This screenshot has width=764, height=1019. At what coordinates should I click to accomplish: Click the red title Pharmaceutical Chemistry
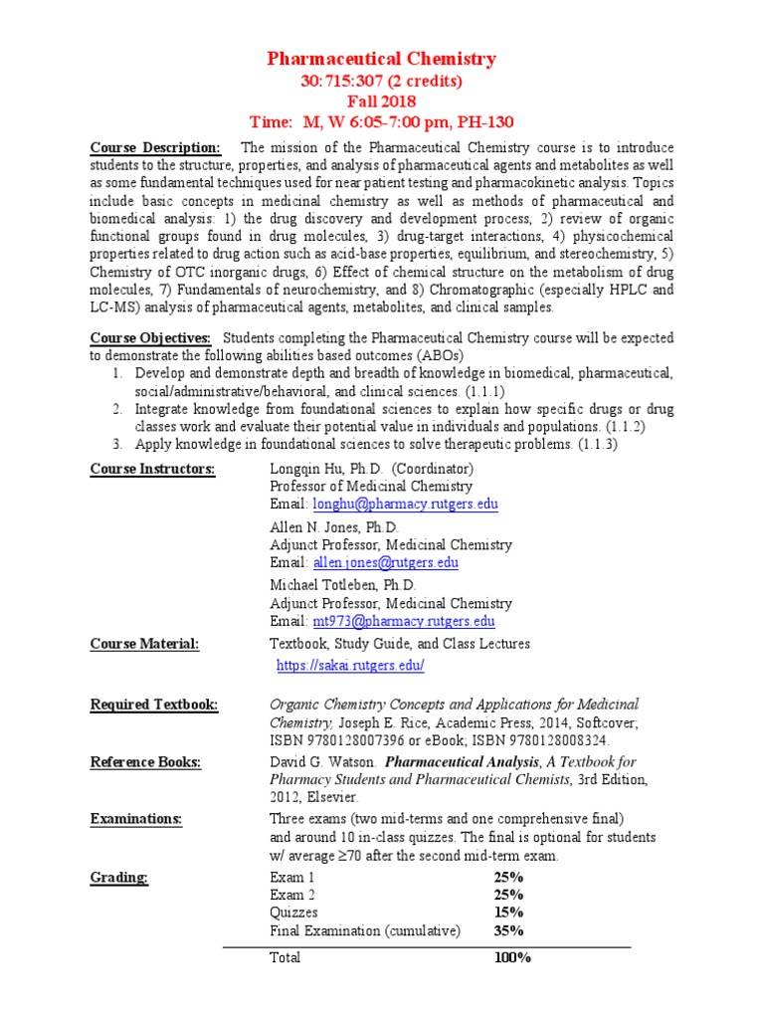(381, 60)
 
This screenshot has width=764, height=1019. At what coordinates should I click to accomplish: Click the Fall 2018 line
(381, 102)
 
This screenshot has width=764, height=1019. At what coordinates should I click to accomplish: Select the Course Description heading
(154, 148)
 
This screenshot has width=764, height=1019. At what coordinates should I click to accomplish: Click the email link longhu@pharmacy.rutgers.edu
(406, 505)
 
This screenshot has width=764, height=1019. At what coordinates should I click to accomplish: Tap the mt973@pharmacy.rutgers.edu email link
(404, 621)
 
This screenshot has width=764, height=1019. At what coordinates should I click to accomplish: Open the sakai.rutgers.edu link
(350, 665)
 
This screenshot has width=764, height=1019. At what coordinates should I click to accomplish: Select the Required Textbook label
(154, 705)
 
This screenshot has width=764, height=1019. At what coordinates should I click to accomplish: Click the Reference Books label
(145, 762)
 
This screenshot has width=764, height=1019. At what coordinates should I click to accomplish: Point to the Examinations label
(136, 819)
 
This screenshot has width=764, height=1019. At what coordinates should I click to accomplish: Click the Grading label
(119, 877)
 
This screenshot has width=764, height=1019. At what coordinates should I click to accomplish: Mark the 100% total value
(512, 957)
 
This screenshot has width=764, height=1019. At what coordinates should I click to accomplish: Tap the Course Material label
(144, 644)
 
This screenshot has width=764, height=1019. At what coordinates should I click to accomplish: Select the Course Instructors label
(152, 469)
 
